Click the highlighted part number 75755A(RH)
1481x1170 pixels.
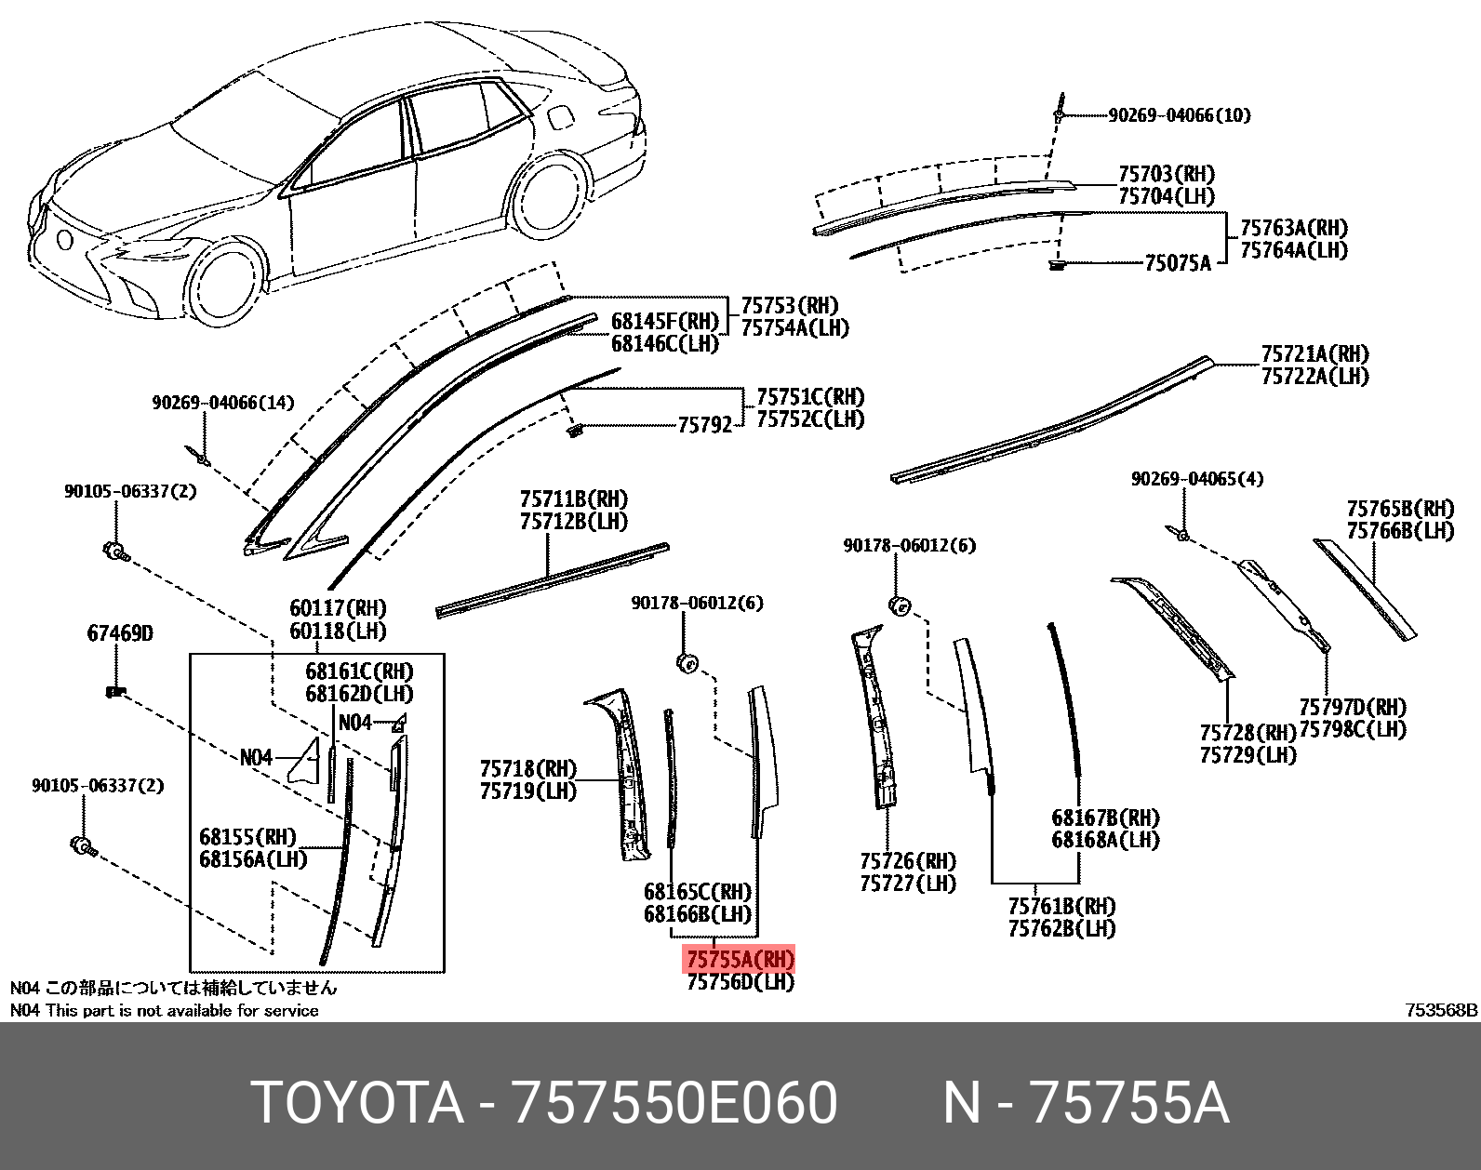(x=740, y=959)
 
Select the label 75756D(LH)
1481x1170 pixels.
(x=740, y=982)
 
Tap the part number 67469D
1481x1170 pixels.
(x=120, y=633)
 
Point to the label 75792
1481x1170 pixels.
(x=704, y=426)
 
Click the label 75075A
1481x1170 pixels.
(x=1178, y=263)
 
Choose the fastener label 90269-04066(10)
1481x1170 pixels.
(x=1179, y=115)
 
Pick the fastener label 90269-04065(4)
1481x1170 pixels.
(x=1197, y=479)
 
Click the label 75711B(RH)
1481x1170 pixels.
(x=573, y=499)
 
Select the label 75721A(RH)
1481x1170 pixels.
(x=1314, y=354)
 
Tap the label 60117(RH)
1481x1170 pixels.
(x=338, y=608)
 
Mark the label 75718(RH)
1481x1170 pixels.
(x=527, y=769)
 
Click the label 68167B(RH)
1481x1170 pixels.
(x=1105, y=818)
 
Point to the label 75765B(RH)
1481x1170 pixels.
(x=1400, y=509)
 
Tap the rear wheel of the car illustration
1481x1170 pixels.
(x=547, y=196)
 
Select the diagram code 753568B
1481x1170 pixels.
(x=1441, y=1010)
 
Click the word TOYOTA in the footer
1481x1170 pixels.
(x=357, y=1103)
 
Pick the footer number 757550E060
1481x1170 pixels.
(x=674, y=1103)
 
